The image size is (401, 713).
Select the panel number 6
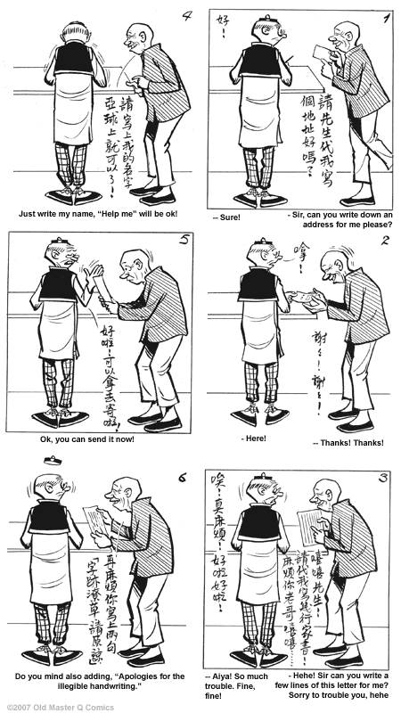(x=181, y=478)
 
